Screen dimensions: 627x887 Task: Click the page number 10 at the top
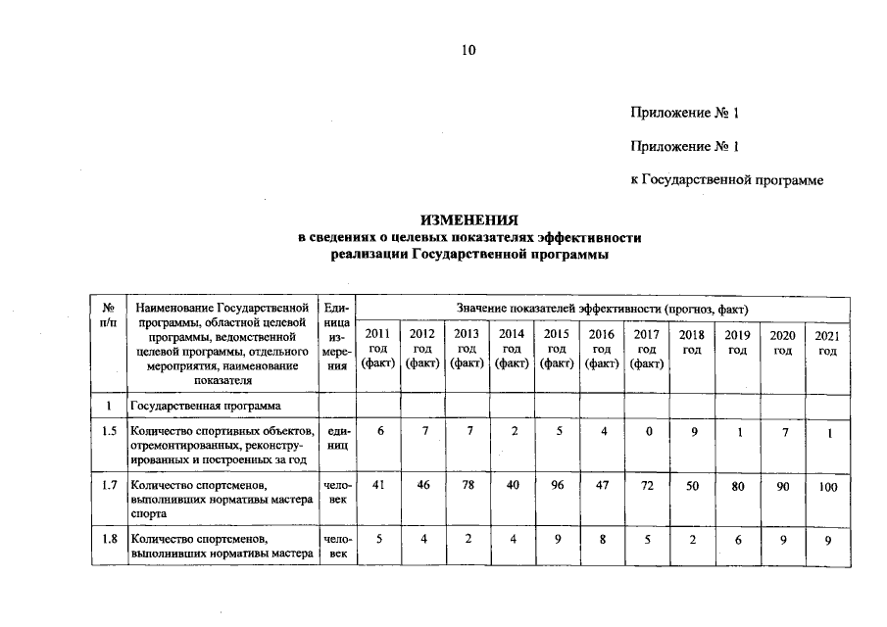point(468,51)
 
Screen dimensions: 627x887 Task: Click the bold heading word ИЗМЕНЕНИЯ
point(468,220)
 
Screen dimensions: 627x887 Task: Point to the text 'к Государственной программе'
point(726,180)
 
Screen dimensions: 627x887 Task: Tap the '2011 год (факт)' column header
point(377,349)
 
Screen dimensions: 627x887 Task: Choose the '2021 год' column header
point(828,343)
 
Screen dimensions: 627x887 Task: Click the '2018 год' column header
point(692,343)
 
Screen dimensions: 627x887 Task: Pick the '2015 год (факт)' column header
point(557,349)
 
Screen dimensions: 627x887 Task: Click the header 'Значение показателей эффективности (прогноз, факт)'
point(601,308)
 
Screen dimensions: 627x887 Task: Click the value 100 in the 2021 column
point(828,487)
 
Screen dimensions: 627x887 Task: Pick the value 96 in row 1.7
point(557,485)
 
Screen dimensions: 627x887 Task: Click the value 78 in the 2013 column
point(468,485)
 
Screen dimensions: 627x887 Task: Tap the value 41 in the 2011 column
point(377,485)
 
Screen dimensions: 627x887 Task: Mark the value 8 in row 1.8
point(602,539)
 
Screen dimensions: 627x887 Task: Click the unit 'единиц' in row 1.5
point(336,437)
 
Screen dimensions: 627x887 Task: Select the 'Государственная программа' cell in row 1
point(205,406)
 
